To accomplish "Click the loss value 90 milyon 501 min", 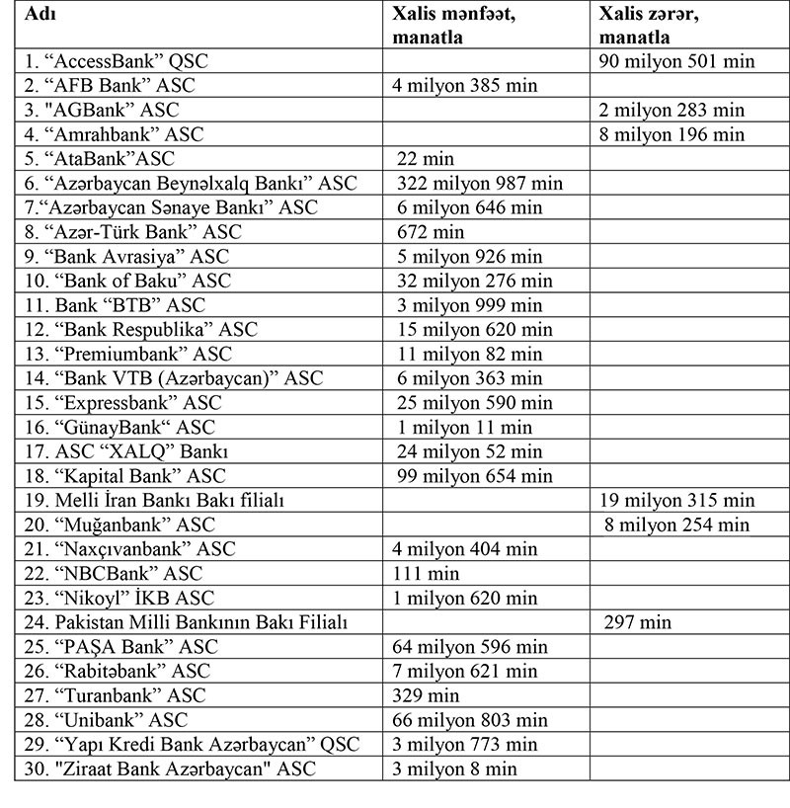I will pos(676,61).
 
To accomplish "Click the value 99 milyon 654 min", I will pos(474,475).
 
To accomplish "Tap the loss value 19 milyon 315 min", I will pos(676,500).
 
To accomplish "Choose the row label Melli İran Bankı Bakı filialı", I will pos(153,500).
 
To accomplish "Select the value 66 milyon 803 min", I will pos(471,719).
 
